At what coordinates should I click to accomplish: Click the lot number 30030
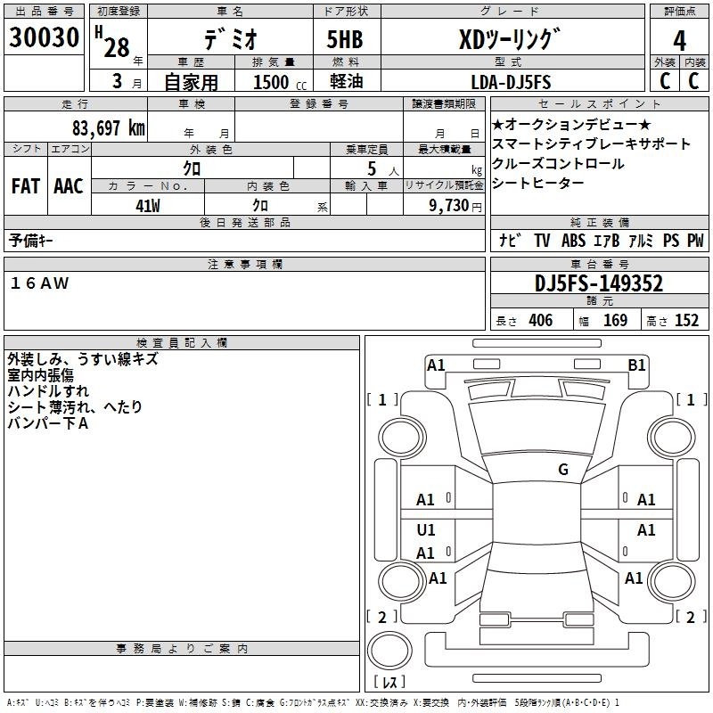coord(44,37)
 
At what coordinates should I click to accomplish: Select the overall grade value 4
coord(679,41)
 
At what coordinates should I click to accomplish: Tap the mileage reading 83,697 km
coord(109,128)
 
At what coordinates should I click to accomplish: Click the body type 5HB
coord(345,39)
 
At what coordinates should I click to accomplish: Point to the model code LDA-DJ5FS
coord(511,82)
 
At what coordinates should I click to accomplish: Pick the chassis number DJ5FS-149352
coord(599,283)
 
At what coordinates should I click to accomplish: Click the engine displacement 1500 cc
coord(280,82)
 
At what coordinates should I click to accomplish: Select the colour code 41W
coord(148,206)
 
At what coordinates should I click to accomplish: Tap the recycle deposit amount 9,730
coord(449,205)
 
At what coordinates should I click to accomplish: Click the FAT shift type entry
coord(26,186)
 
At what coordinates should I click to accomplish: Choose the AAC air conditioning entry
coord(69,186)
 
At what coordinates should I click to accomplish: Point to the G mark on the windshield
coord(563,469)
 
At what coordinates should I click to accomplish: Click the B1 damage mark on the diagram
coord(636,365)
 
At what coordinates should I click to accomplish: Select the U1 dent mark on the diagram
coord(426,529)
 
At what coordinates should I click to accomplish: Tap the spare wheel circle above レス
coord(389,651)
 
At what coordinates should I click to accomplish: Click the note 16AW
coord(39,283)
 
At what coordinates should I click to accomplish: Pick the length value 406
coord(541,320)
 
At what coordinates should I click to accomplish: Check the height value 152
coord(686,320)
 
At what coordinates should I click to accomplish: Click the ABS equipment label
coord(573,241)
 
